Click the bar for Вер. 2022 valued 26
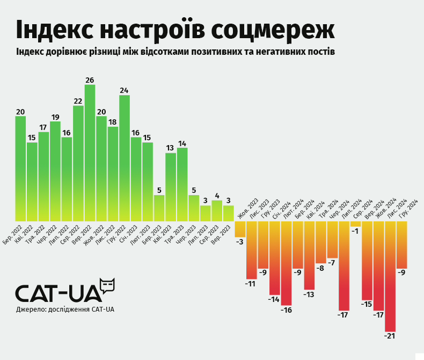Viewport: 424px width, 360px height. [x=90, y=153]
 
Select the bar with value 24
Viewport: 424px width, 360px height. [x=125, y=159]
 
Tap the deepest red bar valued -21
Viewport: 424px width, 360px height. [x=390, y=276]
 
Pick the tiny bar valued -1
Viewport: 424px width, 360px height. [x=355, y=224]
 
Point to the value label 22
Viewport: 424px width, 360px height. [x=78, y=101]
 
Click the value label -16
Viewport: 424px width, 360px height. [x=286, y=310]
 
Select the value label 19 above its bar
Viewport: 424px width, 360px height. [x=55, y=117]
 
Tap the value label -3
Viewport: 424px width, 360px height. [x=239, y=242]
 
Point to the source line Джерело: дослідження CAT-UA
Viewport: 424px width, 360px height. [x=65, y=309]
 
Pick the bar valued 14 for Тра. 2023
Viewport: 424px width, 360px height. [x=182, y=184]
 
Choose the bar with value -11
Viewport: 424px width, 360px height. [x=251, y=250]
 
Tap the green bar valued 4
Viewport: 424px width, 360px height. [x=217, y=211]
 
